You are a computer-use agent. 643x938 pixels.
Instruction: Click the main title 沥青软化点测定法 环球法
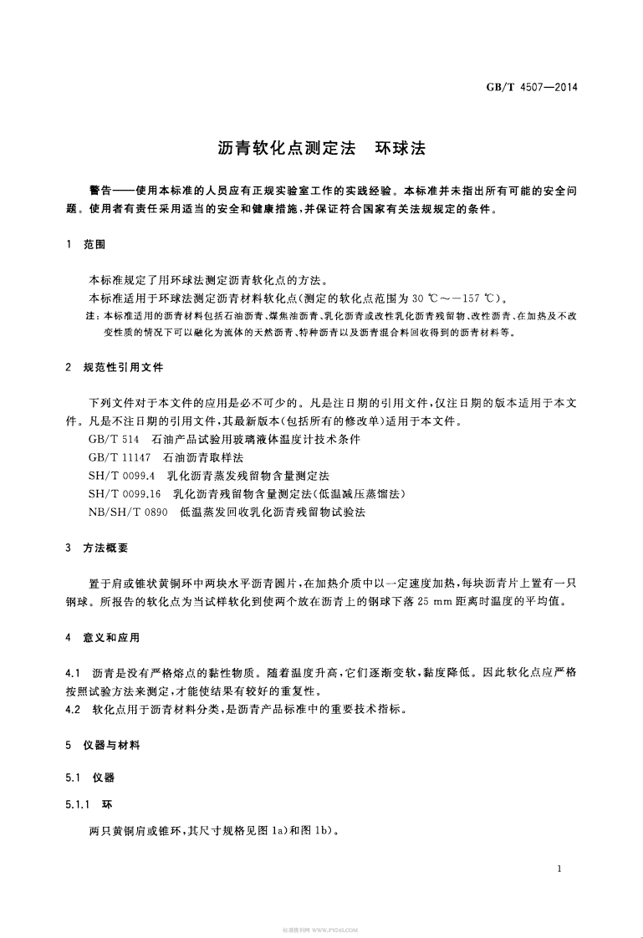[321, 148]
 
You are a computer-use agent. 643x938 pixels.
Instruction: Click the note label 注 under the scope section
[91, 316]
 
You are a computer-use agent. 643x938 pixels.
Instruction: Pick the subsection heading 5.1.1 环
[88, 804]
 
